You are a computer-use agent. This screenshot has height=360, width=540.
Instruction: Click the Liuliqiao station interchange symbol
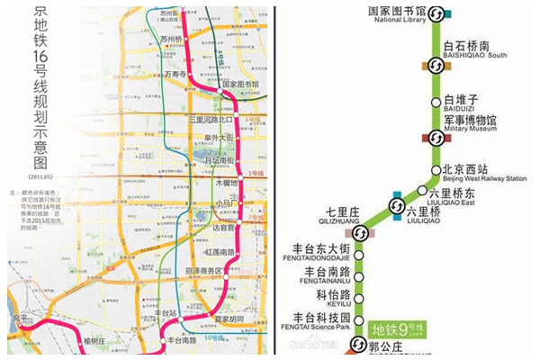396,208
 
